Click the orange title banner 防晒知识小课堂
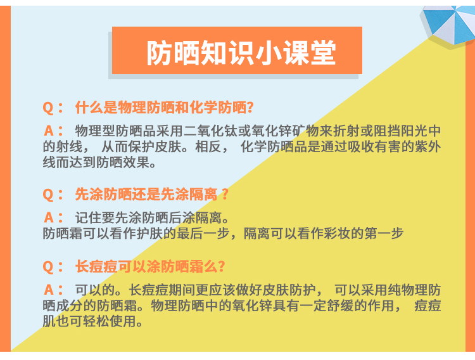(237, 50)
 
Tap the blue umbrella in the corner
(449, 23)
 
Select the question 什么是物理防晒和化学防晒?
(165, 107)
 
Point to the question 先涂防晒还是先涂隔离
(151, 195)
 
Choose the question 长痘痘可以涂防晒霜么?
(150, 267)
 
